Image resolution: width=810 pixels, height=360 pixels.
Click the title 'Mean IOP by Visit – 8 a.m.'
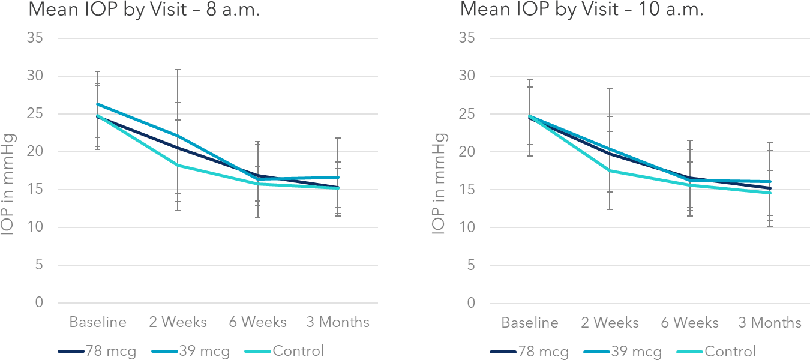pyautogui.click(x=144, y=10)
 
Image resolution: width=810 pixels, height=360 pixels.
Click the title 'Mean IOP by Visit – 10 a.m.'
pyautogui.click(x=581, y=10)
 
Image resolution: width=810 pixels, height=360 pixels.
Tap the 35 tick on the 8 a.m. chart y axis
pyautogui.click(x=35, y=38)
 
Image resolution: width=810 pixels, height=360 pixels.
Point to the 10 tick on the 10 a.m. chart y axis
pyautogui.click(x=467, y=227)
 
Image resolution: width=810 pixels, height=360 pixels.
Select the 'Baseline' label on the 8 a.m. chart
pyautogui.click(x=98, y=322)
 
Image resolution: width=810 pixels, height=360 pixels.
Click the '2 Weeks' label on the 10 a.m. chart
pyautogui.click(x=610, y=323)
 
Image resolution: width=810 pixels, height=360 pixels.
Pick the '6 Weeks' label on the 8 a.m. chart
pyautogui.click(x=257, y=322)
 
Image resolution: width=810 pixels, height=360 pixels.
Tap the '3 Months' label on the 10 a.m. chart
pyautogui.click(x=770, y=323)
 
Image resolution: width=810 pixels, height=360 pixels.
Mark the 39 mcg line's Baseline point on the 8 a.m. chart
pyautogui.click(x=98, y=104)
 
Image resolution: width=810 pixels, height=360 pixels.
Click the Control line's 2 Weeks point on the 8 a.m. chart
pyautogui.click(x=178, y=165)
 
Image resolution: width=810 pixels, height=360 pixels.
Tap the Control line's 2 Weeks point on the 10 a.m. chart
pyautogui.click(x=610, y=170)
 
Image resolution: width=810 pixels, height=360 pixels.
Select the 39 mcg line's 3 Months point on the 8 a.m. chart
pyautogui.click(x=338, y=178)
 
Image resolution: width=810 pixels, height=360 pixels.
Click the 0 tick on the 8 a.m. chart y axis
pyautogui.click(x=40, y=303)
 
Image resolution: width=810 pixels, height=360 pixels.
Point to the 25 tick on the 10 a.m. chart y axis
pyautogui.click(x=467, y=114)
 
